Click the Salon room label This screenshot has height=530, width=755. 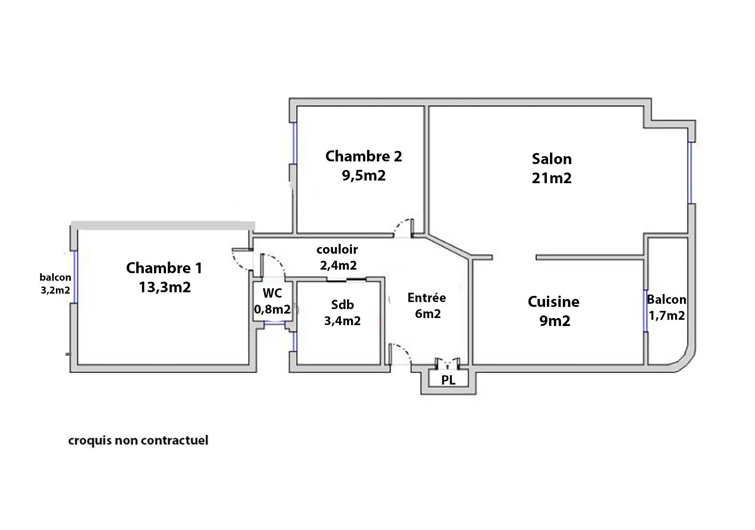[552, 159]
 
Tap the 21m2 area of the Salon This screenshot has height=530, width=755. [552, 178]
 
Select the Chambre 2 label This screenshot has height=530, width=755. [364, 156]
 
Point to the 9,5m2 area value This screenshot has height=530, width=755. [364, 176]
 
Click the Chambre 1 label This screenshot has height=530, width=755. [164, 268]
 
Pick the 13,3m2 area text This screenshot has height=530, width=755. [165, 287]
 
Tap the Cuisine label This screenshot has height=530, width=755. [553, 302]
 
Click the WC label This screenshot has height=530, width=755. [273, 293]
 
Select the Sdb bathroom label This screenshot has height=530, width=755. [343, 305]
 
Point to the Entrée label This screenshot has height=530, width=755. [427, 298]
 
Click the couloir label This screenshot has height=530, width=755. [337, 250]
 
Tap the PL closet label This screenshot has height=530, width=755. [448, 380]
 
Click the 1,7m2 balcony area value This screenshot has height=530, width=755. [667, 315]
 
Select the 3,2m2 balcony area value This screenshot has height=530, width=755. [55, 290]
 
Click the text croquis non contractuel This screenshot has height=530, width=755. [138, 440]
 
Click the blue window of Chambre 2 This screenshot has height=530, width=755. [295, 143]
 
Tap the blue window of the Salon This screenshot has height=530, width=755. [691, 173]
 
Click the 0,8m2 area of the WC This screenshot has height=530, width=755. [273, 309]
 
